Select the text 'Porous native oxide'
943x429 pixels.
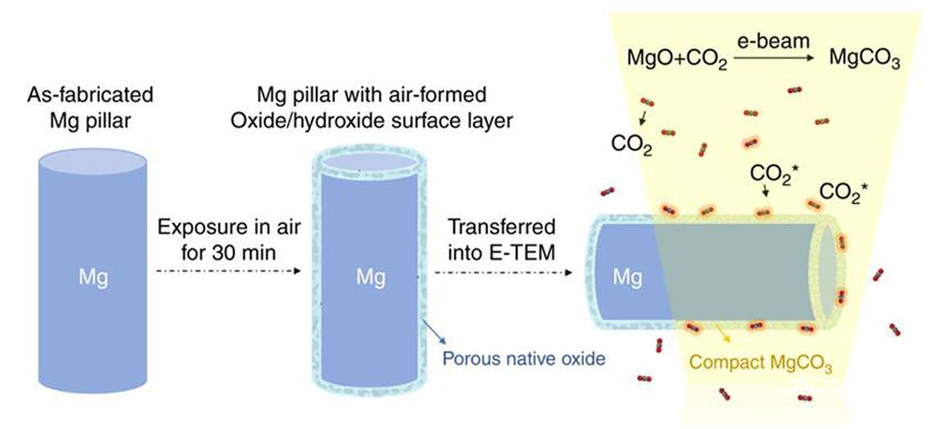pos(524,358)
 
